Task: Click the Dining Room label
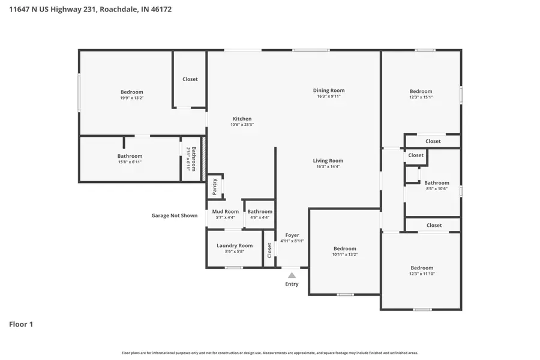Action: pos(329,91)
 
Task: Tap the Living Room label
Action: pos(328,160)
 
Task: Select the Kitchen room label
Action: pos(242,119)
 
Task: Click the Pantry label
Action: pos(215,187)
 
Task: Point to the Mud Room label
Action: pos(226,211)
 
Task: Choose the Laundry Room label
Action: pos(235,245)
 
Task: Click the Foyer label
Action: pos(292,235)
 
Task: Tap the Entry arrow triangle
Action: pos(292,275)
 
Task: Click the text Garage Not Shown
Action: pos(174,215)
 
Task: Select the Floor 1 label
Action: pos(21,325)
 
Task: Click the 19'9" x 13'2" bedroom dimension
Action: pos(131,98)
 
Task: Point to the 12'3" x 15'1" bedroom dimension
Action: pos(421,97)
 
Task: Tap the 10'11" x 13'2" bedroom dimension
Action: pos(344,254)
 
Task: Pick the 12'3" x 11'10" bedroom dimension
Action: pos(422,274)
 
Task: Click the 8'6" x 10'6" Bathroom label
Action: pos(437,183)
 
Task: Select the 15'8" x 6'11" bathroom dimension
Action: pos(130,162)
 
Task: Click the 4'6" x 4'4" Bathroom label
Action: pos(260,211)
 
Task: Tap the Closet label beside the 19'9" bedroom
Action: pos(190,79)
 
